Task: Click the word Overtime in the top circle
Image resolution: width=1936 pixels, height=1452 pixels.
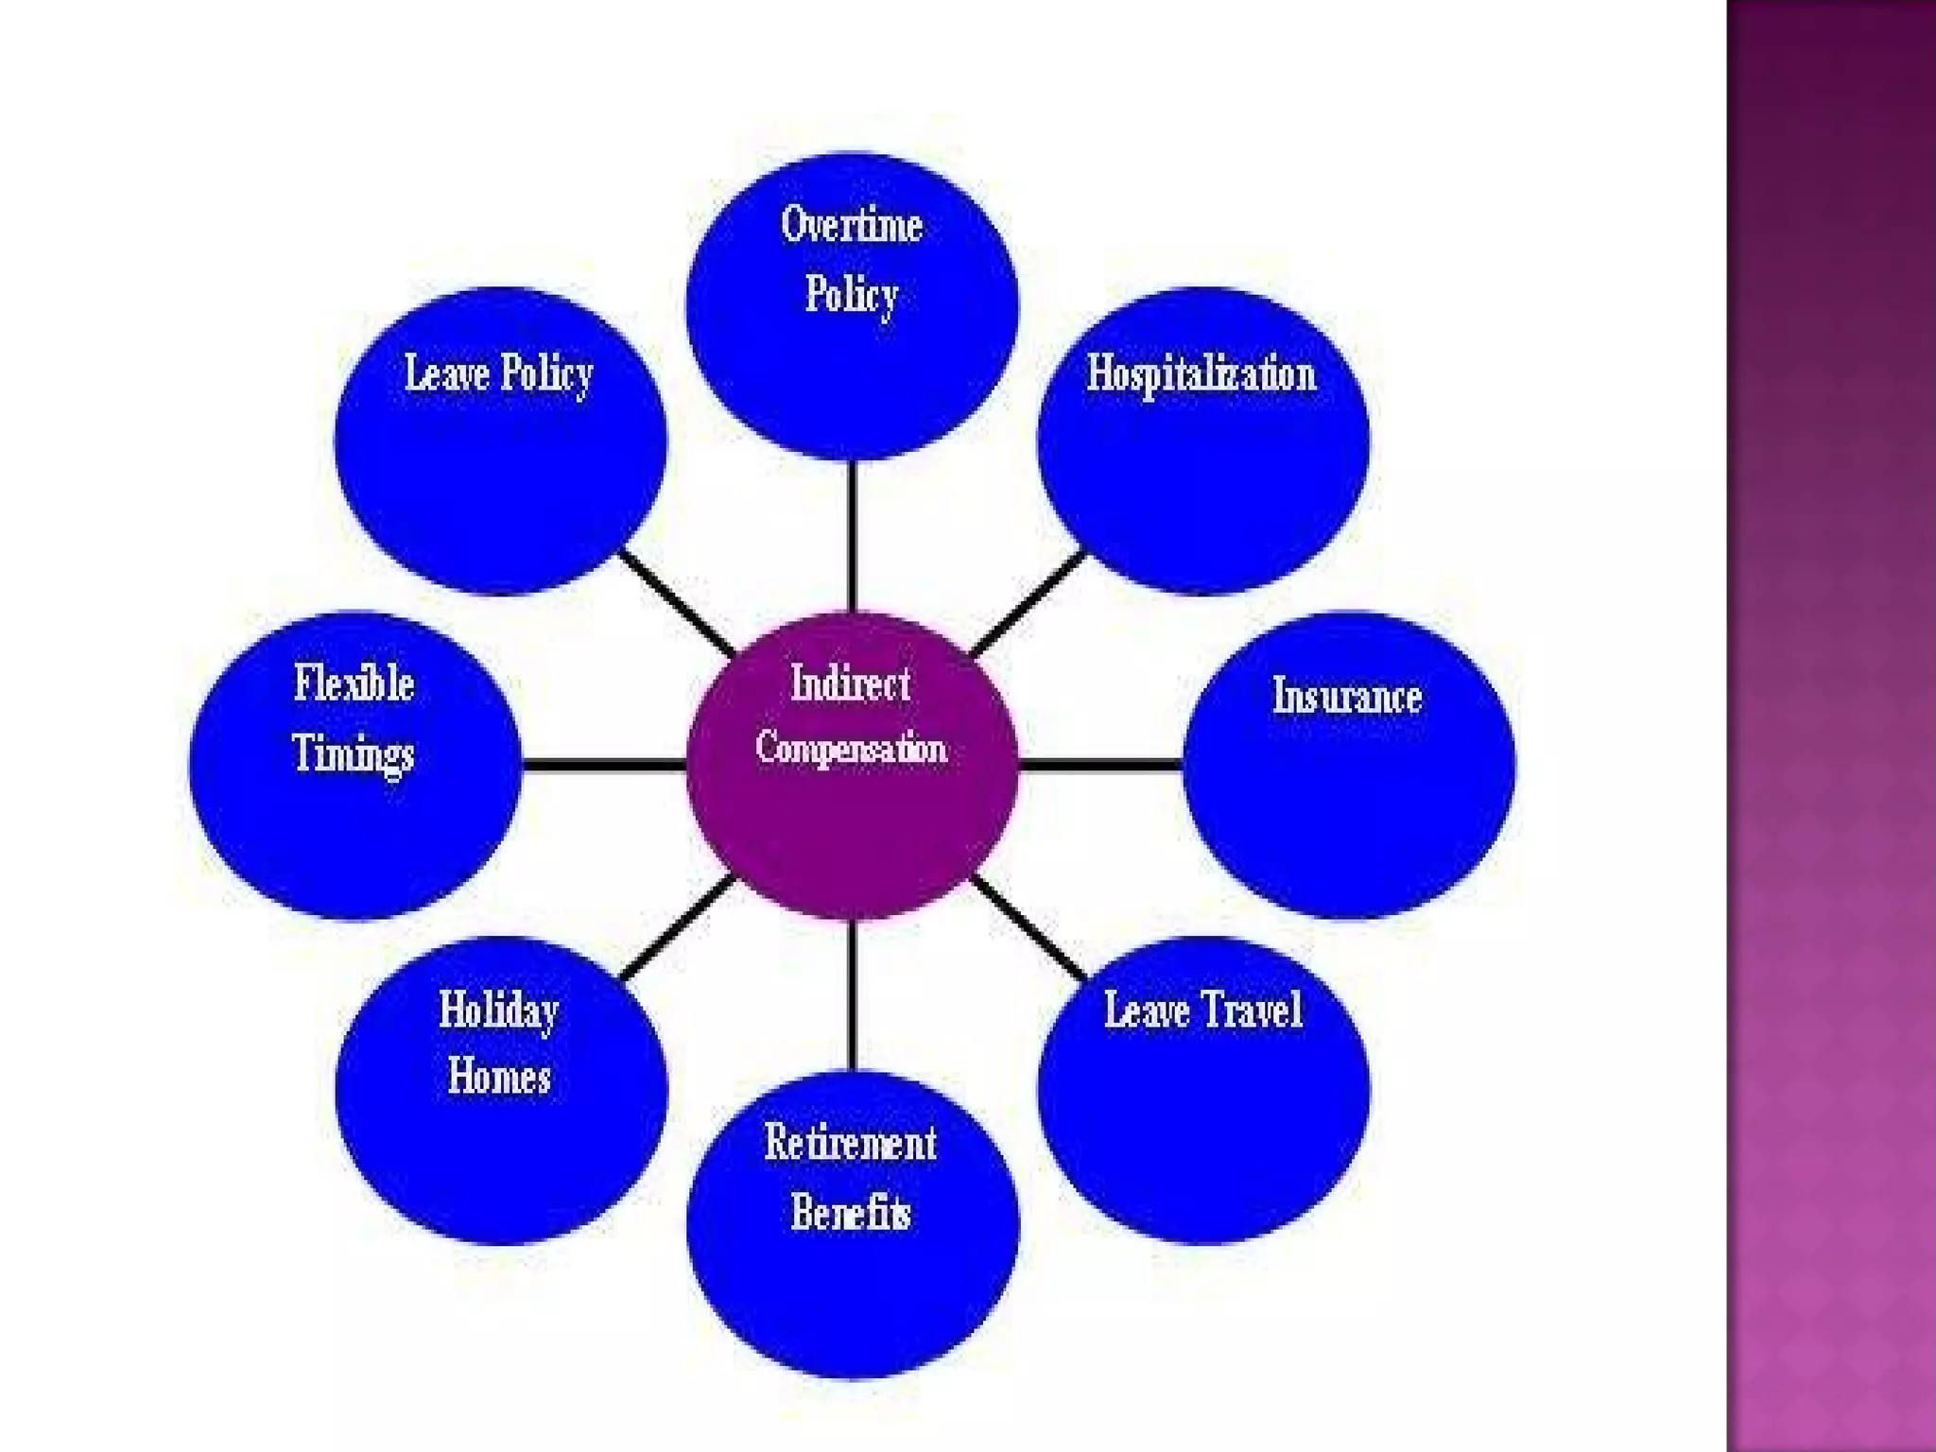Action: tap(851, 226)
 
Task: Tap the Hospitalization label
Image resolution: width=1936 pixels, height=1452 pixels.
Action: tap(1201, 374)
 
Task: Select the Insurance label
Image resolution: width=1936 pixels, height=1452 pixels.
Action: tap(1346, 697)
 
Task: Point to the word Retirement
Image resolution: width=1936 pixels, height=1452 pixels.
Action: tap(851, 1143)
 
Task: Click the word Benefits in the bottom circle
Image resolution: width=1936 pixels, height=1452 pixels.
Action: tap(851, 1212)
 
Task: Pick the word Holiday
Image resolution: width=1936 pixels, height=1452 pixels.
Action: tap(498, 1011)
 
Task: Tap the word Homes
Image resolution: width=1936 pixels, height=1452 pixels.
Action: tap(498, 1077)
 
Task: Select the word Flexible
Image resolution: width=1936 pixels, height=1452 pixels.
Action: tap(354, 683)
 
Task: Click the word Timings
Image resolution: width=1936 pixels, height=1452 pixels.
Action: tap(354, 753)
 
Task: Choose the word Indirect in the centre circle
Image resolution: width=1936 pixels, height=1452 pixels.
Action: tap(851, 683)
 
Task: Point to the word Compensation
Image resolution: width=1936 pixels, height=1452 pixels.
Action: tap(851, 749)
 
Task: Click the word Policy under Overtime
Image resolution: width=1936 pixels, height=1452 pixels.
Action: tap(851, 294)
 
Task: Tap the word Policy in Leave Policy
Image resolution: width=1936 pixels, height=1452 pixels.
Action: tap(546, 373)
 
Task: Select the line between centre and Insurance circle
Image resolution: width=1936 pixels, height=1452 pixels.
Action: tap(1100, 764)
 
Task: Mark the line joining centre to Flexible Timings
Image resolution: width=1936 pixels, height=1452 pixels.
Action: tap(603, 764)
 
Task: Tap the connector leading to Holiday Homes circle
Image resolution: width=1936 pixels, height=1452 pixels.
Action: tap(676, 926)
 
